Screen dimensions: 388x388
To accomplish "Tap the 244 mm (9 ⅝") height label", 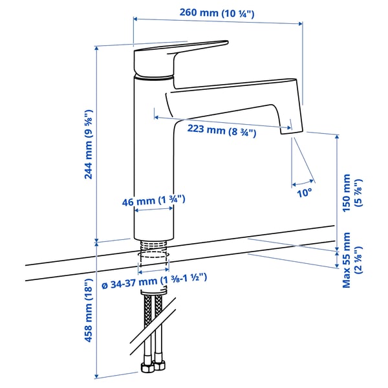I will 90,144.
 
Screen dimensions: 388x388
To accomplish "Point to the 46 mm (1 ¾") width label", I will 154,200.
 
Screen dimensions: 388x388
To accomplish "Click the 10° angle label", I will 303,191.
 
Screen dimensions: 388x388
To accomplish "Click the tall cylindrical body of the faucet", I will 153,155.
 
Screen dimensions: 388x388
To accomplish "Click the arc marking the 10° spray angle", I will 303,180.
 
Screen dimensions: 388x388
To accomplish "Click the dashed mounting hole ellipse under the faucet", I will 153,263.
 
